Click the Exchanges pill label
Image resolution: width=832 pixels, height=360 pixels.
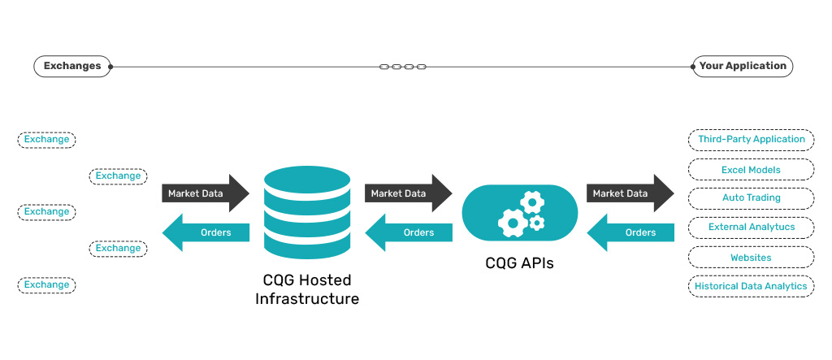point(71,67)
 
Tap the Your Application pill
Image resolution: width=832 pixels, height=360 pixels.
point(743,67)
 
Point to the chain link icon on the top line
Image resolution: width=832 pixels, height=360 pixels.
point(403,67)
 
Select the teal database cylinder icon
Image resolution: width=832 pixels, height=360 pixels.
point(307,210)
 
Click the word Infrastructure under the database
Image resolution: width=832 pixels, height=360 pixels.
point(307,299)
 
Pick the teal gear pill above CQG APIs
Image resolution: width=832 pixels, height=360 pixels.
point(520,214)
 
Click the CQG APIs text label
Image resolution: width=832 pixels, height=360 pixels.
point(520,262)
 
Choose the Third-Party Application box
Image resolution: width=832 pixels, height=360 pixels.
point(751,140)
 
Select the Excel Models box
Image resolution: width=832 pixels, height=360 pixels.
point(751,170)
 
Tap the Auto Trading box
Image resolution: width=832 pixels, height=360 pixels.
point(751,198)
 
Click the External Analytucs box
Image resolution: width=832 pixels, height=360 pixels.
point(751,228)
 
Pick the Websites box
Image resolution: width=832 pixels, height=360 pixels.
point(751,258)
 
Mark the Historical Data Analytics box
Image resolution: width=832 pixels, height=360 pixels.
point(751,286)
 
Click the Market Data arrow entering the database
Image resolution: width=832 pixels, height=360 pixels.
point(206,193)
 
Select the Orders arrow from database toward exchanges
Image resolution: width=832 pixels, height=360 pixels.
point(206,233)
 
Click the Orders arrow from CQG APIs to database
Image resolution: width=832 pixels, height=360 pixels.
point(408,233)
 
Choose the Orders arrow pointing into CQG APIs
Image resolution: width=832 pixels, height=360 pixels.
point(630,233)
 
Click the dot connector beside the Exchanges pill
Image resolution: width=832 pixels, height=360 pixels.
point(111,67)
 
